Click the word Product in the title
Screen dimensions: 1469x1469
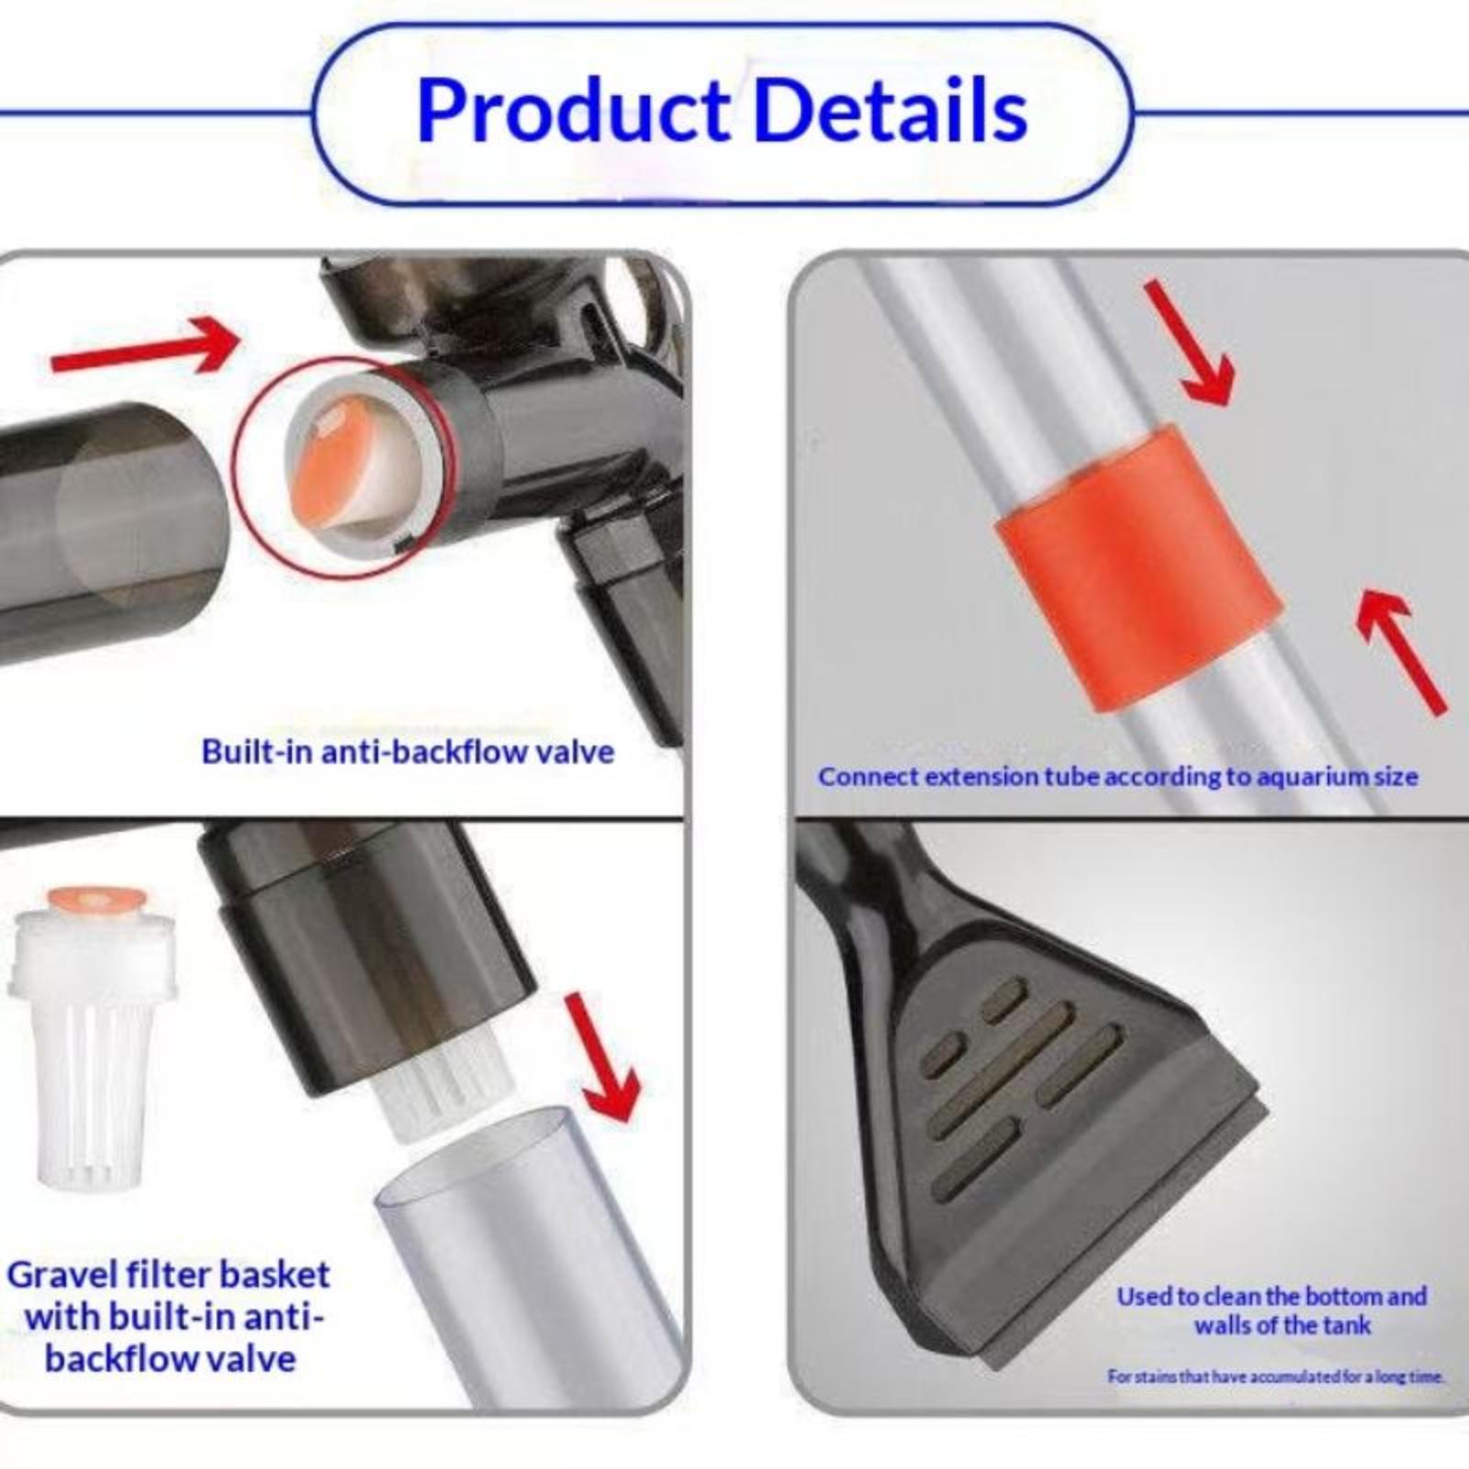pos(573,112)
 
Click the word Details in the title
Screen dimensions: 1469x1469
pos(890,110)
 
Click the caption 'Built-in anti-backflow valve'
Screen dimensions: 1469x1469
pos(408,752)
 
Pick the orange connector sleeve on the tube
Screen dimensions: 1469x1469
pos(1138,567)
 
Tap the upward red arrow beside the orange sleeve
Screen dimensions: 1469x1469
pos(1401,650)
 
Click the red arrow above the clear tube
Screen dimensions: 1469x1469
pos(602,1056)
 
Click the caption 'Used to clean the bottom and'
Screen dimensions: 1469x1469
pos(1272,1296)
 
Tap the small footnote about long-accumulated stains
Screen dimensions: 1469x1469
pos(1276,1376)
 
